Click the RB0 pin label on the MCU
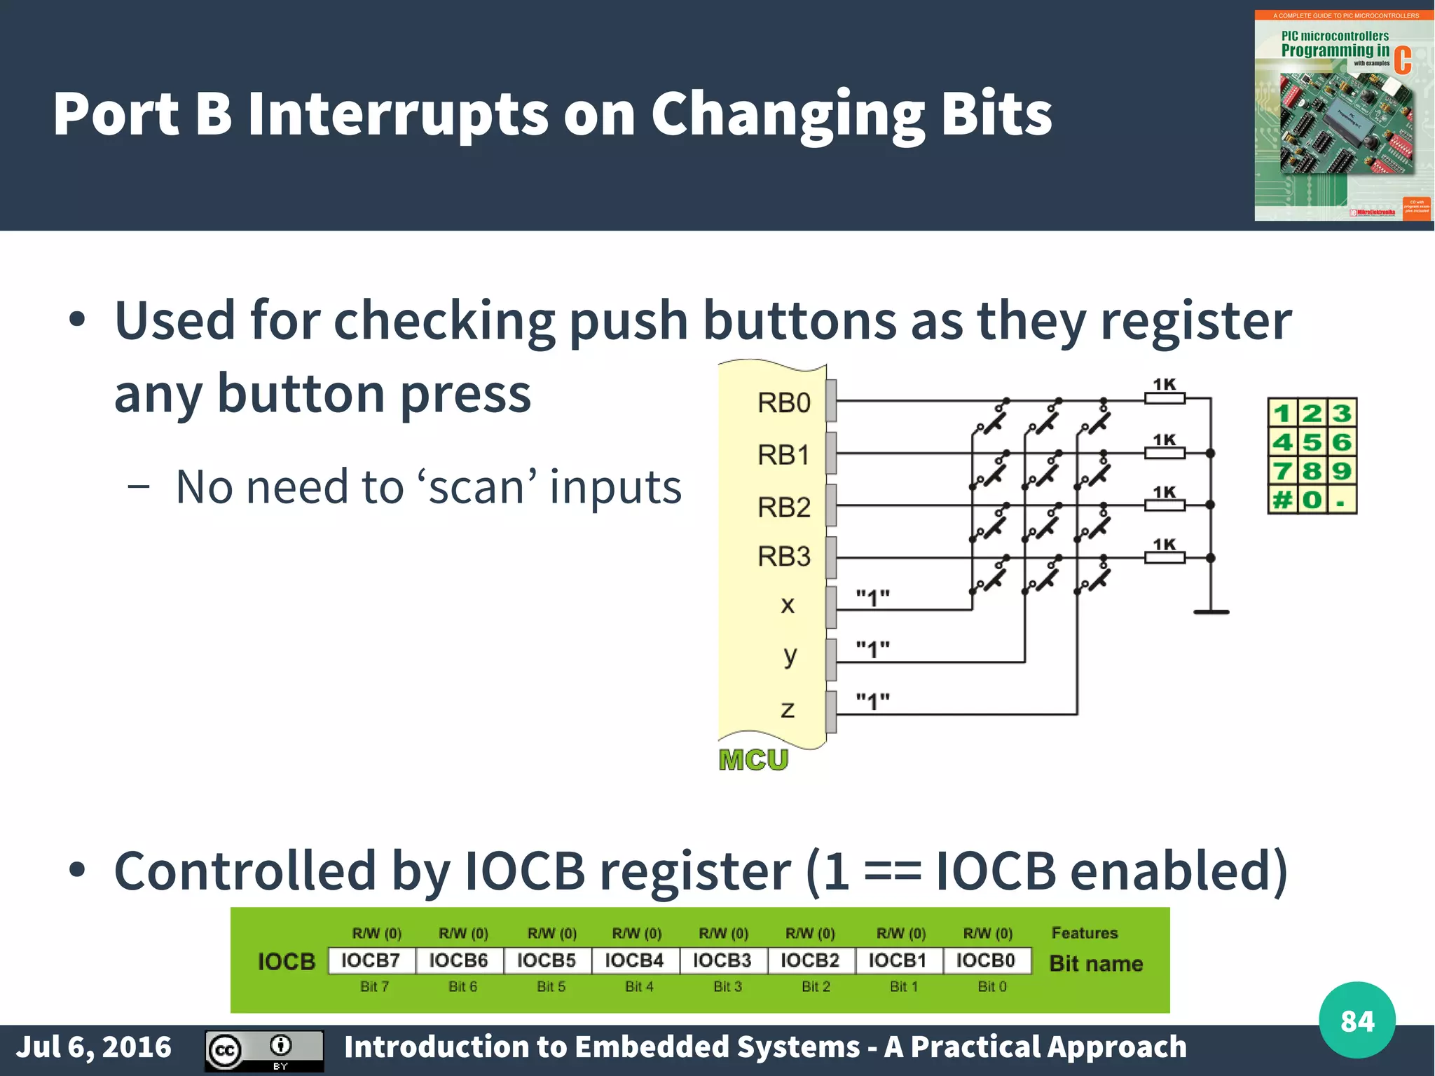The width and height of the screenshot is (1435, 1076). pos(783,403)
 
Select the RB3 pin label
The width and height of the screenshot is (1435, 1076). pos(783,557)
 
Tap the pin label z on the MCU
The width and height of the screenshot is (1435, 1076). pos(788,709)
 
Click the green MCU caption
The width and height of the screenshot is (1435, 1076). pos(753,760)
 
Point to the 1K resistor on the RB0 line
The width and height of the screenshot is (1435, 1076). pos(1165,398)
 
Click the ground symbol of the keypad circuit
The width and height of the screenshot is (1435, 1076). pos(1211,612)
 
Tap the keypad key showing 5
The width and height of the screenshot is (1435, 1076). pos(1312,442)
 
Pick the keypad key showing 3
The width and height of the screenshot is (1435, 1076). pos(1342,413)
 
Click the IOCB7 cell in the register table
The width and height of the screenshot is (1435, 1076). pos(371,960)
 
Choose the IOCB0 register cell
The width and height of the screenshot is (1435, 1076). pos(986,960)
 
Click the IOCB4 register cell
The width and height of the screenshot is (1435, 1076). pos(634,960)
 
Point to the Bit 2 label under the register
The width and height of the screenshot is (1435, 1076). pos(816,987)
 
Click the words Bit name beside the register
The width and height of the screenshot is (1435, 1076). pos(1096,964)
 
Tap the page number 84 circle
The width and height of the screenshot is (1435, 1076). pos(1357,1021)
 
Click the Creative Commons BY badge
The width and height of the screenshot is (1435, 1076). pos(264,1050)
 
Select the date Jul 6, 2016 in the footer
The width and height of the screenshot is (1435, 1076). pos(93,1047)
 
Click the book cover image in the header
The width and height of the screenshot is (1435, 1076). pos(1343,116)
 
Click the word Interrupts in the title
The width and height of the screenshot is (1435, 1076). pos(397,114)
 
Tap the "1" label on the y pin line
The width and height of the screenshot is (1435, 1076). pos(872,649)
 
